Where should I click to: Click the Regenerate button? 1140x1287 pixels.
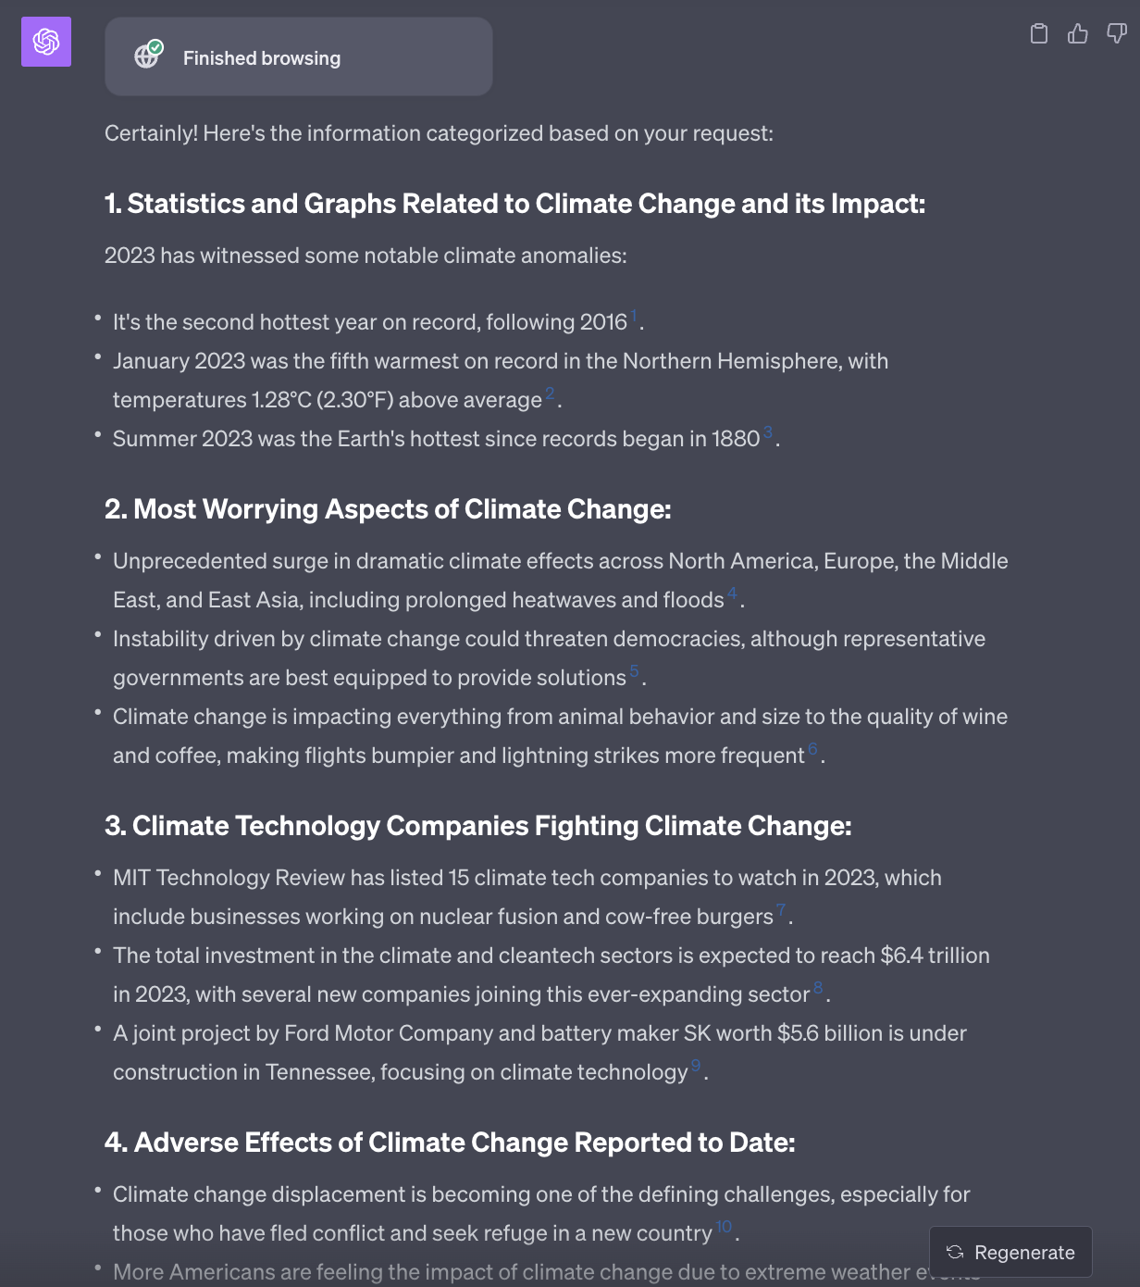[x=1010, y=1253]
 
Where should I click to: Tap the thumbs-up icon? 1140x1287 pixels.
[x=1078, y=34]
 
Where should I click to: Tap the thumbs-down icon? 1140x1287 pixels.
[x=1117, y=34]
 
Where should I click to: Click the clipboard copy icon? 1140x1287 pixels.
[x=1039, y=34]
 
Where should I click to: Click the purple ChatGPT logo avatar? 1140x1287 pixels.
[x=46, y=42]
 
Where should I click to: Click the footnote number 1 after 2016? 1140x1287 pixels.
[x=634, y=316]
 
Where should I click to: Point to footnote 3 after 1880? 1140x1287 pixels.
[x=767, y=432]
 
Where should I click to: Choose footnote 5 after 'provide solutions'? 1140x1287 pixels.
[x=634, y=670]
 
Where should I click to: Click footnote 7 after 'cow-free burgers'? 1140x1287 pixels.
[x=781, y=909]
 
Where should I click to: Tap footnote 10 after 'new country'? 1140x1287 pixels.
[x=724, y=1226]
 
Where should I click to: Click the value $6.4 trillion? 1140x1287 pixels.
[x=935, y=956]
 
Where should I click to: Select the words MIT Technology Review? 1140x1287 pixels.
[x=229, y=878]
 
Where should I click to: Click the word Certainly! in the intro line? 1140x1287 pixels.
[x=151, y=133]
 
